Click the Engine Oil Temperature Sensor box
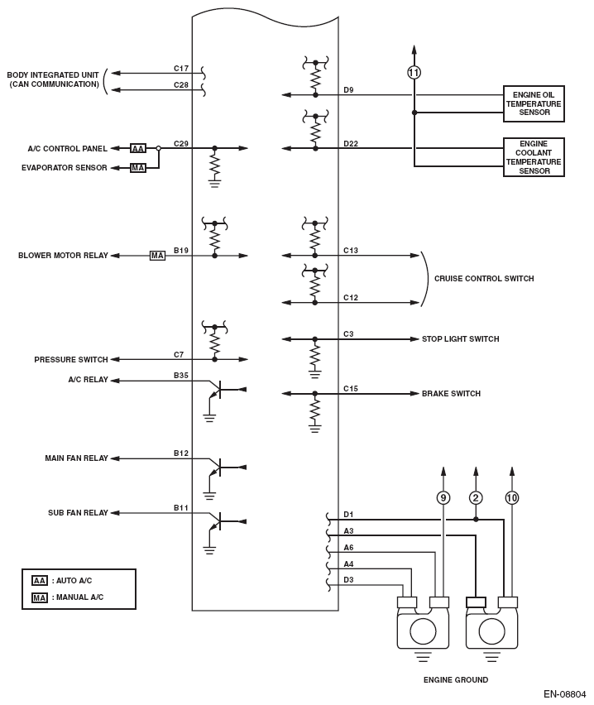pyautogui.click(x=534, y=104)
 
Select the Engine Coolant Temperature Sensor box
pyautogui.click(x=534, y=157)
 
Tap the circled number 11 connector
pyautogui.click(x=414, y=73)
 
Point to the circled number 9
pyautogui.click(x=443, y=498)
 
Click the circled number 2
pyautogui.click(x=476, y=498)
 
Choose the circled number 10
pyautogui.click(x=511, y=498)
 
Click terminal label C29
pyautogui.click(x=181, y=143)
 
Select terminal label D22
pyautogui.click(x=351, y=143)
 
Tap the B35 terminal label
pyautogui.click(x=181, y=376)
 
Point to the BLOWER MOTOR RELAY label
pyautogui.click(x=63, y=256)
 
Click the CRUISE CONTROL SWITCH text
pyautogui.click(x=484, y=279)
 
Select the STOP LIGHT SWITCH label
pyautogui.click(x=460, y=339)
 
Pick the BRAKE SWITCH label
pyautogui.click(x=451, y=394)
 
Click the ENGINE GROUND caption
pyautogui.click(x=455, y=680)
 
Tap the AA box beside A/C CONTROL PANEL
pyautogui.click(x=138, y=148)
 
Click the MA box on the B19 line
pyautogui.click(x=157, y=256)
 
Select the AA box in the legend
pyautogui.click(x=39, y=581)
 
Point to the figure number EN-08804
pyautogui.click(x=564, y=694)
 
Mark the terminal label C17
pyautogui.click(x=181, y=68)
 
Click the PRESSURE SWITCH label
pyautogui.click(x=71, y=360)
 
